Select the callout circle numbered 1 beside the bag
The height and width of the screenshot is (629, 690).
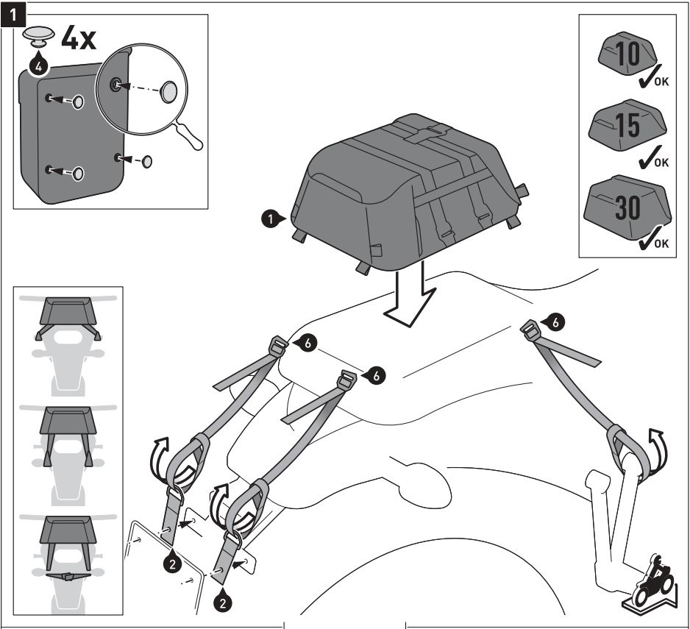271,219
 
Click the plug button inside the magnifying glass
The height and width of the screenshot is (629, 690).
169,90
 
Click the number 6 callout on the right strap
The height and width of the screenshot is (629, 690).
557,321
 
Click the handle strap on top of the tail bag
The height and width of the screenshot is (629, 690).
428,132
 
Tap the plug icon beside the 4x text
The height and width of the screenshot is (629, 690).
37,37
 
